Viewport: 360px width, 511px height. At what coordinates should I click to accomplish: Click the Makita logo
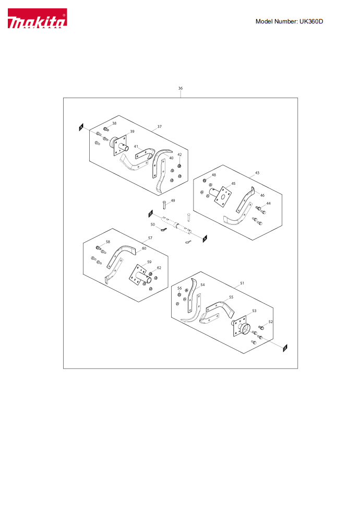[38, 18]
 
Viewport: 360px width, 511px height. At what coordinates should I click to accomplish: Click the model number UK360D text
[289, 21]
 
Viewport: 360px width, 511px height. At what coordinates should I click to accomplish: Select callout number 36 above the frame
[181, 88]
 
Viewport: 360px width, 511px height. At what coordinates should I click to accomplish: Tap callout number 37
[159, 126]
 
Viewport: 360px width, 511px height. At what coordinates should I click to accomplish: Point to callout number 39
[132, 132]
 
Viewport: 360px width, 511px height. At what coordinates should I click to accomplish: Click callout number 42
[179, 155]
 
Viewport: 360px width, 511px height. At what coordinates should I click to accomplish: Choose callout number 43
[257, 173]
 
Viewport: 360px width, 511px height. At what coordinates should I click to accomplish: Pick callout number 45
[233, 184]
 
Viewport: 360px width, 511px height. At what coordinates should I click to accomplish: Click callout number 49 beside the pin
[173, 201]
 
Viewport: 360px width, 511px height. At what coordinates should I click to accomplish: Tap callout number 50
[153, 224]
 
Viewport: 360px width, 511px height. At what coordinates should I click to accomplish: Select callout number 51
[242, 283]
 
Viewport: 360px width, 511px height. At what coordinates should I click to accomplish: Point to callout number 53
[254, 311]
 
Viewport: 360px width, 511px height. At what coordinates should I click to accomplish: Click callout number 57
[150, 238]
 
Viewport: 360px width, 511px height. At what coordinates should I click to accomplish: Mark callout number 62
[159, 268]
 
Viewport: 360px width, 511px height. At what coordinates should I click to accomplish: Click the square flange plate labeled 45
[223, 196]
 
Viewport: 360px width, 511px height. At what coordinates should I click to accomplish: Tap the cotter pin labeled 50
[163, 230]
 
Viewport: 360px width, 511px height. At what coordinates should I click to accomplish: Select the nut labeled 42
[179, 166]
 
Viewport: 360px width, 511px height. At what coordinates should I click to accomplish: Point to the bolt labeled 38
[105, 129]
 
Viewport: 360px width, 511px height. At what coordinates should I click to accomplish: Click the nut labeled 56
[179, 295]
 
